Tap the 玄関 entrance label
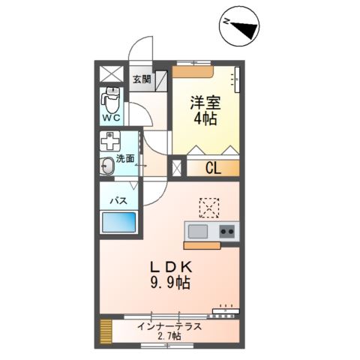click(x=142, y=78)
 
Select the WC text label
click(x=112, y=118)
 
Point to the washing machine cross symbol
click(x=112, y=142)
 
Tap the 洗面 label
click(x=125, y=159)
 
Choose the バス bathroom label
click(x=118, y=201)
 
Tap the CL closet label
click(x=212, y=168)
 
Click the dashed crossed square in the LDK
click(x=208, y=205)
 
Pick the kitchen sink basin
click(x=199, y=231)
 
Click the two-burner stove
click(x=226, y=231)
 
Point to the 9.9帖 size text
click(x=170, y=283)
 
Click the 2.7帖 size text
click(x=169, y=336)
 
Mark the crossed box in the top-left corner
click(x=112, y=74)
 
